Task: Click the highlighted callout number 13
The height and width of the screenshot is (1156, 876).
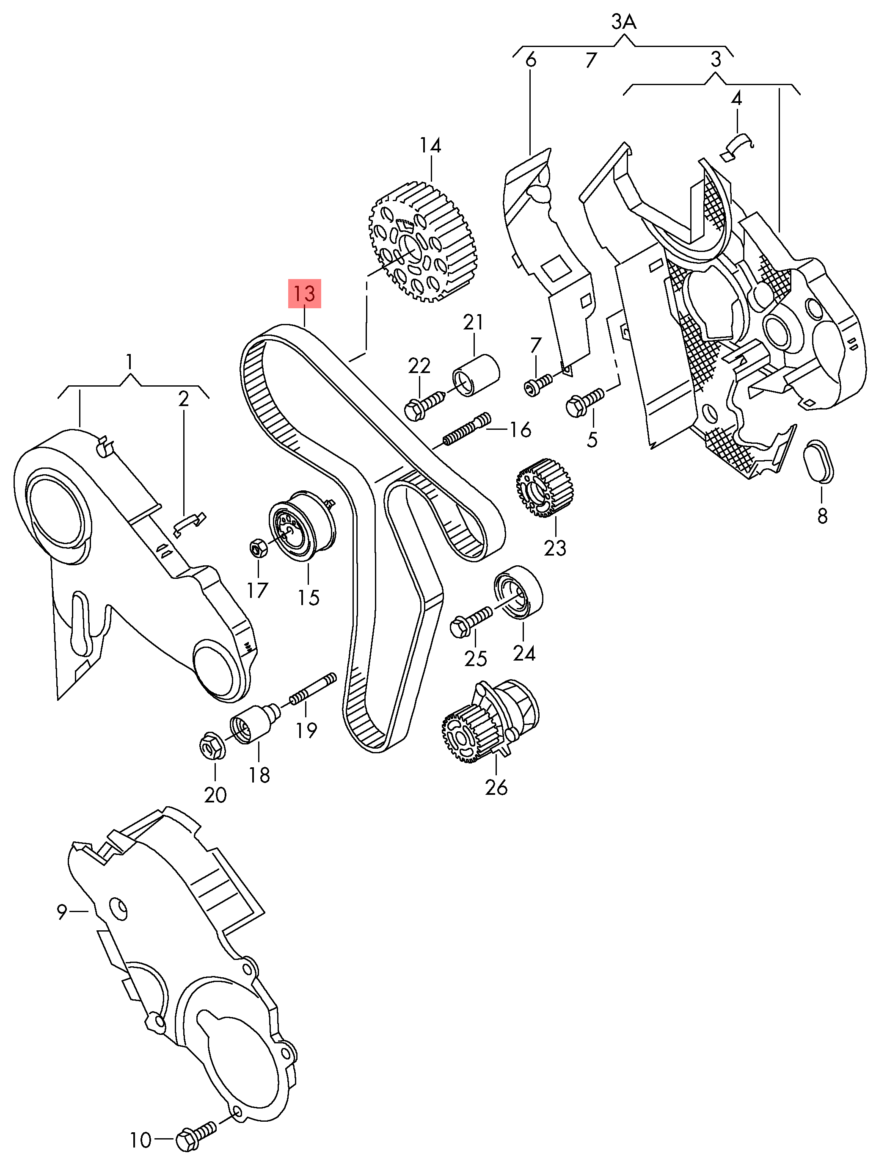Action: pyautogui.click(x=305, y=294)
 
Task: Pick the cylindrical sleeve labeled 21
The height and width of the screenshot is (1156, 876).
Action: pyautogui.click(x=475, y=376)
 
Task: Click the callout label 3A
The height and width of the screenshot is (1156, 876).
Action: pyautogui.click(x=624, y=24)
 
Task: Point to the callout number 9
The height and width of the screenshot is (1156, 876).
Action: pyautogui.click(x=62, y=912)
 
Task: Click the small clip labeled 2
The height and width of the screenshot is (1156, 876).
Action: pyautogui.click(x=189, y=523)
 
